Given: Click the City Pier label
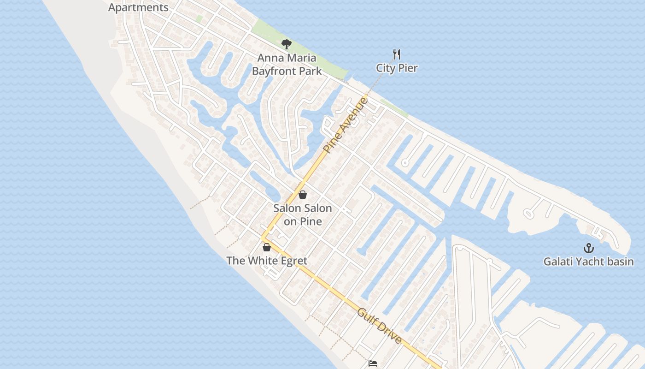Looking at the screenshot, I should [397, 68].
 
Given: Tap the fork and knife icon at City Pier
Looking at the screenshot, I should [397, 54].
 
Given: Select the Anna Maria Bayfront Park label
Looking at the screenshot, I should [287, 65].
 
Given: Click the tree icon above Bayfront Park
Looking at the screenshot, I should [287, 44].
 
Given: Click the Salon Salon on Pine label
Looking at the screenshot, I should [303, 214].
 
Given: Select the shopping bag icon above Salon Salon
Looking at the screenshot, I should [303, 195].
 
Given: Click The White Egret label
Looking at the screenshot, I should [267, 261].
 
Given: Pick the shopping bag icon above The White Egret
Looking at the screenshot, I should [267, 247].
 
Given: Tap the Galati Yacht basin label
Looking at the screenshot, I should [588, 262].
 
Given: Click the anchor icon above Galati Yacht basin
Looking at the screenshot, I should [588, 248].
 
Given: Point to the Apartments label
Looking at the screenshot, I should [138, 7].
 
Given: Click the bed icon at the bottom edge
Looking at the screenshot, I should [373, 364].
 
